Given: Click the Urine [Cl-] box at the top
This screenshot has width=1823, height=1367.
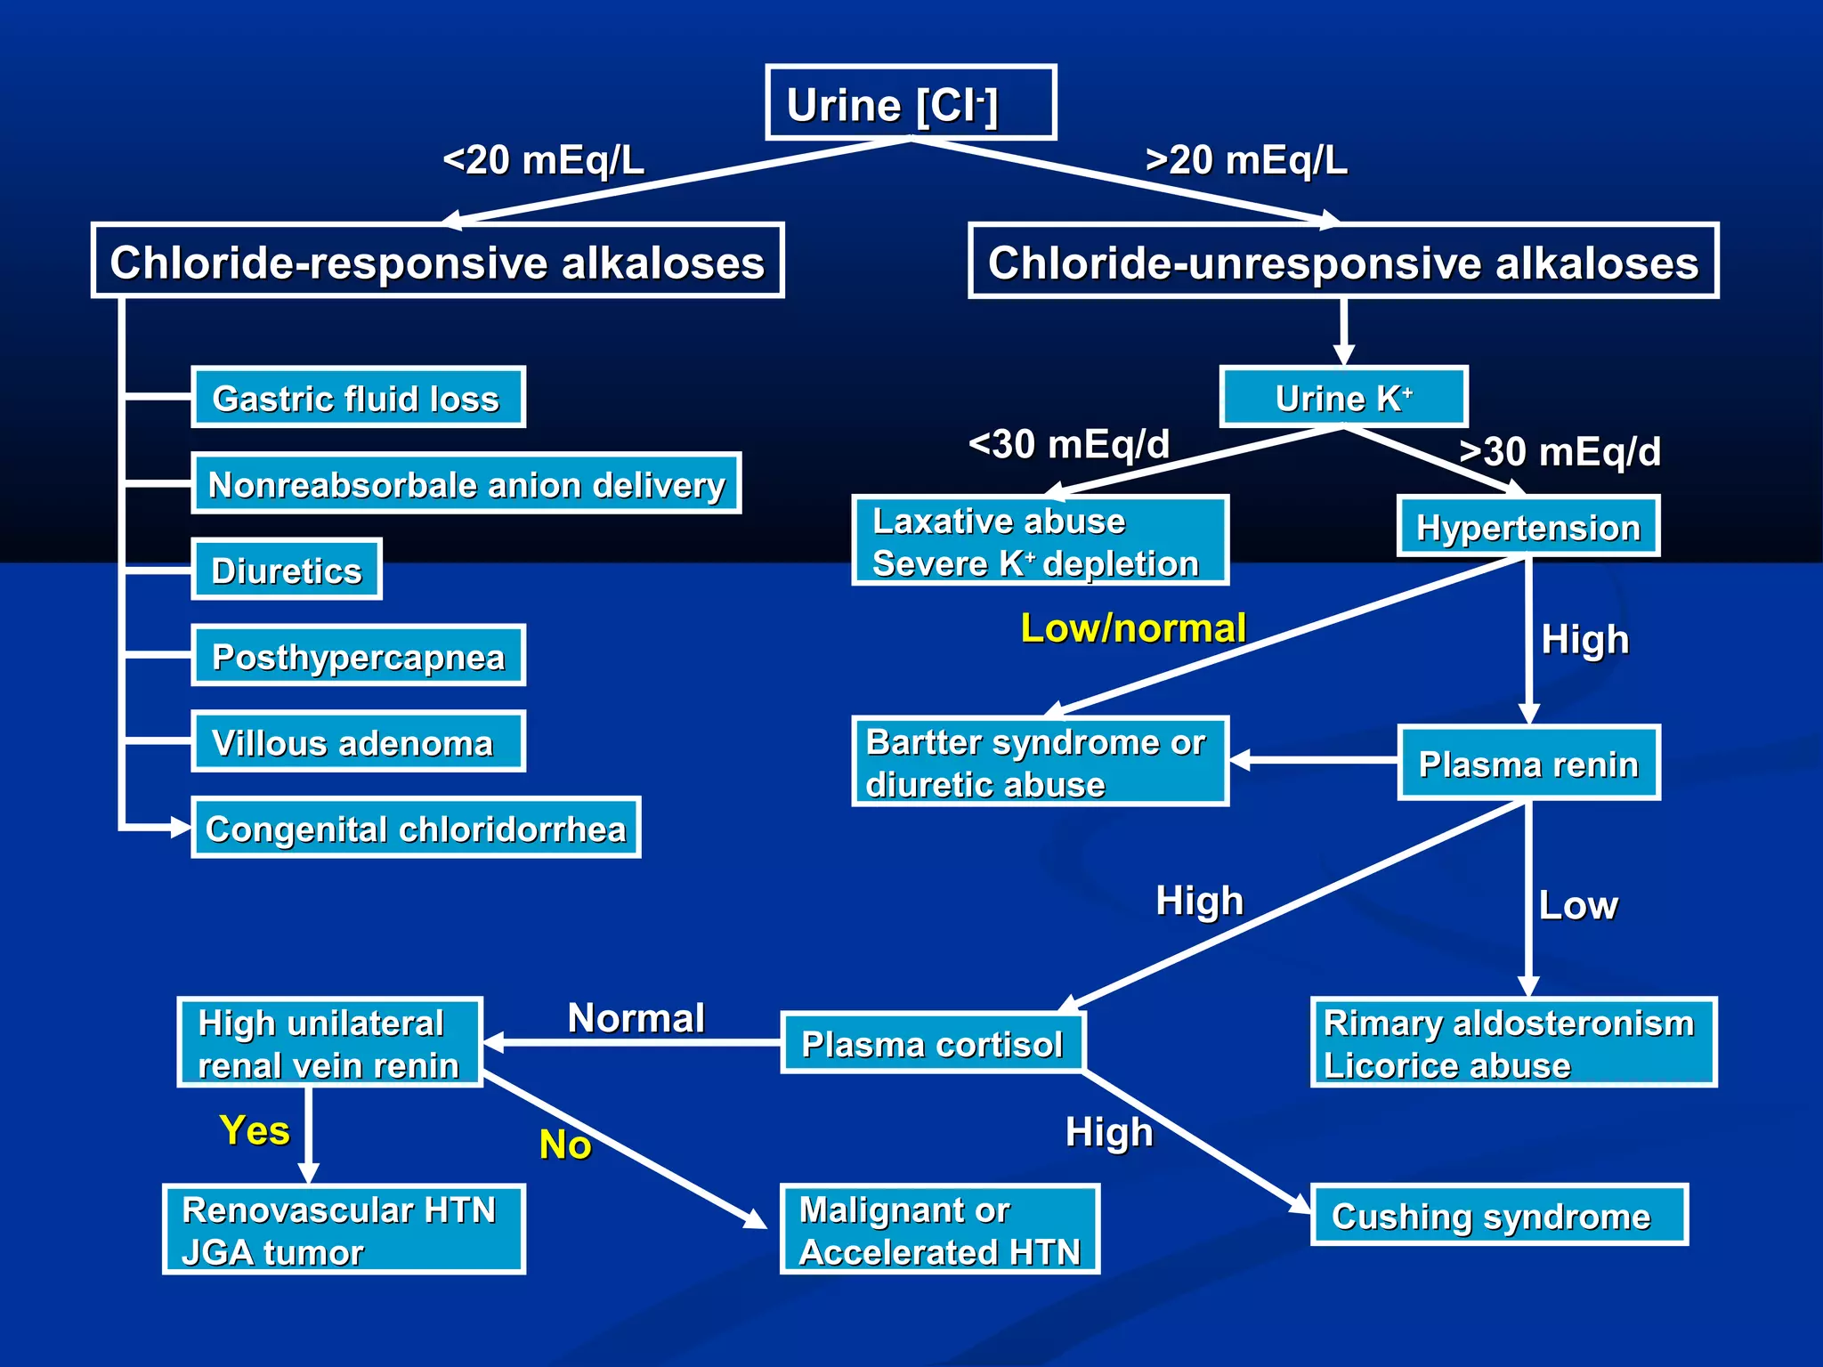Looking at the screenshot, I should pos(911,103).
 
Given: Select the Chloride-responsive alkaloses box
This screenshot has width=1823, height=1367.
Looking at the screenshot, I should pos(437,261).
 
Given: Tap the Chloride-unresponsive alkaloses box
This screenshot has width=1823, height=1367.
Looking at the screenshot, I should pos(1343,261).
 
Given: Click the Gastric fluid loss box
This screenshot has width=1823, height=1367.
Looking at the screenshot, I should pos(358,398).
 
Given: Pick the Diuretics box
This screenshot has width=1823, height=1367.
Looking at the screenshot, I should pos(287,570).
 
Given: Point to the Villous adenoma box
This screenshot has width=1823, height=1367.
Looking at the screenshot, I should pos(358,741).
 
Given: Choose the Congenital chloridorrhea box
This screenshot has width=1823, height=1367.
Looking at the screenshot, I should pos(416,828).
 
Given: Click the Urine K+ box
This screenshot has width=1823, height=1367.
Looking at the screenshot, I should pos(1343,397).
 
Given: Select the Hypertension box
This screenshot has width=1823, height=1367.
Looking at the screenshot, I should pos(1527,527).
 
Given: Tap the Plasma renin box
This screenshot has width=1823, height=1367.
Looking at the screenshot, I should pos(1527,764).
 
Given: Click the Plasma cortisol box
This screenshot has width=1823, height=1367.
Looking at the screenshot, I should pos(932,1043).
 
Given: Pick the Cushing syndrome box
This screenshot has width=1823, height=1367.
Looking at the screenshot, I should pos(1499,1216).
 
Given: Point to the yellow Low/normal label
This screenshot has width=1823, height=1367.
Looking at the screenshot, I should pos(1132,628).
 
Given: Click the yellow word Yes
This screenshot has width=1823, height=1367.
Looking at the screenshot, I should pos(255,1130).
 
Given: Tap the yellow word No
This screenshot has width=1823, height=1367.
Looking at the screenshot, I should pos(564,1145).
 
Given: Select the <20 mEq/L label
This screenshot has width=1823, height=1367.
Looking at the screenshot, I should pos(543,160).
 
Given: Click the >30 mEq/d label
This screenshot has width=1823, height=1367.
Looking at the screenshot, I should pos(1560,451).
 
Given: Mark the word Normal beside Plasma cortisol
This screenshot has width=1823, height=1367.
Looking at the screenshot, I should pos(636,1017).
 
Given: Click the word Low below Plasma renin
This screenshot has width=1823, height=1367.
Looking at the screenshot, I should pos(1577,905).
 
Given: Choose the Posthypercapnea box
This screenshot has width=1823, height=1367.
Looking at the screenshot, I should pos(358,656).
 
